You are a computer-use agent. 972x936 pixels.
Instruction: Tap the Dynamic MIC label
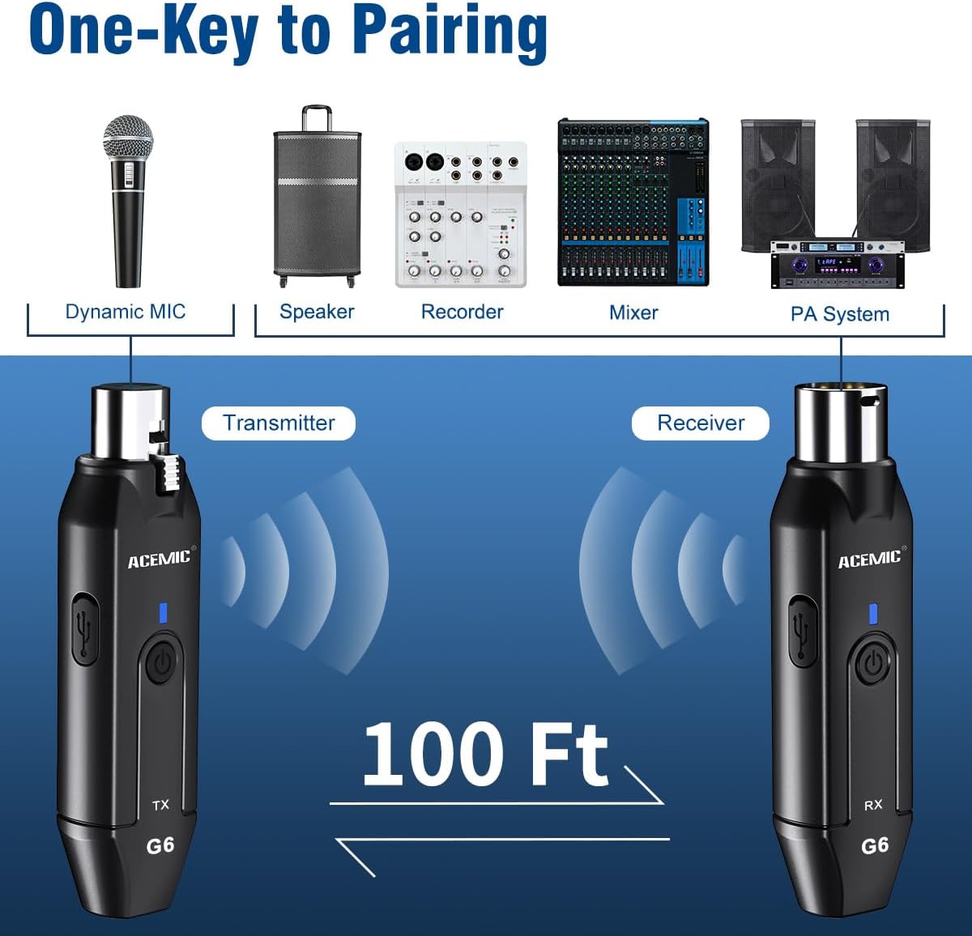[x=126, y=312]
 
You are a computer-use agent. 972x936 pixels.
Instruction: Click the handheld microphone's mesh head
[x=128, y=136]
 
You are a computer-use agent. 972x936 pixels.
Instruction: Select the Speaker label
[x=317, y=312]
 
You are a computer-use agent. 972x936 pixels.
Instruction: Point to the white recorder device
[x=460, y=215]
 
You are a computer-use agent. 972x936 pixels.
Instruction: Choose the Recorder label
[x=462, y=312]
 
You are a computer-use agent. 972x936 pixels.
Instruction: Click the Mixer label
[x=633, y=313]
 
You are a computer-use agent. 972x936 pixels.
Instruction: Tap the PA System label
[x=840, y=314]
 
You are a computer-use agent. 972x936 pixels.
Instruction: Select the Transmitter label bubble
[x=279, y=423]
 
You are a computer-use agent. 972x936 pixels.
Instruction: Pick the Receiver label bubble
[x=701, y=423]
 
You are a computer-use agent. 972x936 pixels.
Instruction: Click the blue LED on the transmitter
[x=163, y=613]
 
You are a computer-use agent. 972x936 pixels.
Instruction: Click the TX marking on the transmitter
[x=160, y=805]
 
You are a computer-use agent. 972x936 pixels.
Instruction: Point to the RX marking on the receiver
[x=872, y=805]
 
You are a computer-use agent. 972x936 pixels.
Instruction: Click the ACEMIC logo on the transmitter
[x=160, y=559]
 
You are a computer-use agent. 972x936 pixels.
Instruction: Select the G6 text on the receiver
[x=875, y=846]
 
